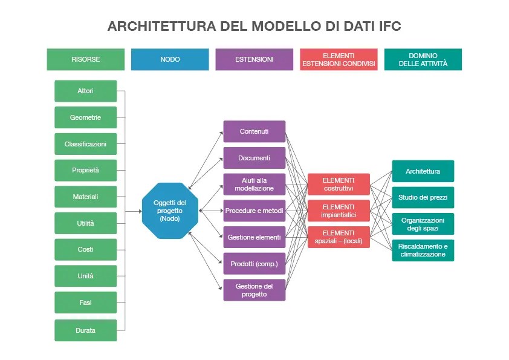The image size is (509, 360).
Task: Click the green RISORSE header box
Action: coord(86,59)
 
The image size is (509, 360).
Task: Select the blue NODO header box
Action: coord(170,59)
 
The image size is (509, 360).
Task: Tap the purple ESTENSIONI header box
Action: coord(254,59)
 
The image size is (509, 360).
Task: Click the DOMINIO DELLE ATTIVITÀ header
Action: coord(423,59)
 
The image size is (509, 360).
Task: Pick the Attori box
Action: coord(86,91)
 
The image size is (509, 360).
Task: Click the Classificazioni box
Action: coord(86,144)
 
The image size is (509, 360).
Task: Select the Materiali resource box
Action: coord(86,197)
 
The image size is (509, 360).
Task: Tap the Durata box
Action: coord(86,330)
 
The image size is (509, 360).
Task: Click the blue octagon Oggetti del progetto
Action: coord(170,211)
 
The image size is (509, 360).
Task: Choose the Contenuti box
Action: coord(254,131)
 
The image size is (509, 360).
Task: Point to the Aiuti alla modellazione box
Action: coord(254,184)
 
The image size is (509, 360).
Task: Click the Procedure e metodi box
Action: coord(254,211)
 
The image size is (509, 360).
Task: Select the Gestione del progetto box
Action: coord(254,290)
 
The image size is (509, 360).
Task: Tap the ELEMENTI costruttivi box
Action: coord(339,184)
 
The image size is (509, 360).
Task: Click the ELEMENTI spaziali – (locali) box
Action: coord(339,237)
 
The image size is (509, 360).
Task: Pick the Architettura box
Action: coord(423,171)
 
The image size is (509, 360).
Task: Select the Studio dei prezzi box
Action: coord(423,197)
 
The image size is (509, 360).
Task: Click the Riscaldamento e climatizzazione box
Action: coord(423,250)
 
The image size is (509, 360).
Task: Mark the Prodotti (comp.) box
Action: coord(254,264)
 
